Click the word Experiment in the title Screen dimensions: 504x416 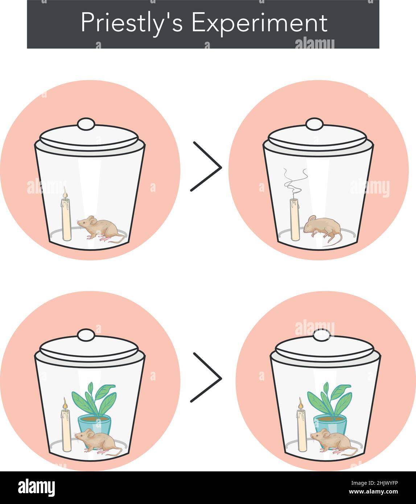[259, 23]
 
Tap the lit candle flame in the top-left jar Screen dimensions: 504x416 [65, 193]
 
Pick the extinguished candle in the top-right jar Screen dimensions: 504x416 [295, 219]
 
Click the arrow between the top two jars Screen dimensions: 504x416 [206, 166]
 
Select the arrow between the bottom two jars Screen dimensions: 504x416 [206, 377]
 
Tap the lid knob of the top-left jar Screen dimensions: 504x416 [86, 124]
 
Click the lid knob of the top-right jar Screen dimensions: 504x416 [314, 124]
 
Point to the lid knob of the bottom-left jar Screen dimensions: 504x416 [86, 335]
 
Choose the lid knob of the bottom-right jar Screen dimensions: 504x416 [321, 335]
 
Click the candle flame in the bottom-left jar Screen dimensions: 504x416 [65, 403]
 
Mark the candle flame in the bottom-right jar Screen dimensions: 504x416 [300, 403]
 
